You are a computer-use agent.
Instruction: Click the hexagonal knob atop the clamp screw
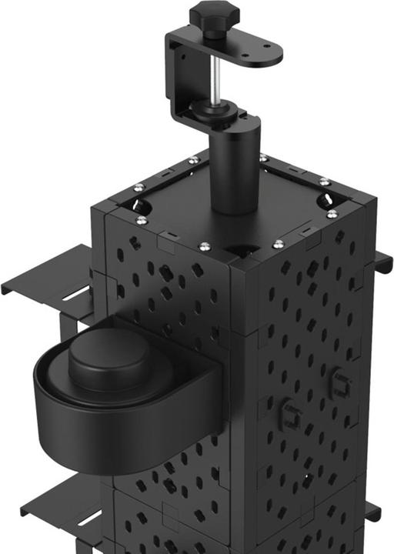click(215, 12)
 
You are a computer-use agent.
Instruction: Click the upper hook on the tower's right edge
click(382, 265)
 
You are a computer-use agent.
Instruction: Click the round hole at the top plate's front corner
click(240, 250)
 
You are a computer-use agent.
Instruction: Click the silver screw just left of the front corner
click(204, 246)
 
